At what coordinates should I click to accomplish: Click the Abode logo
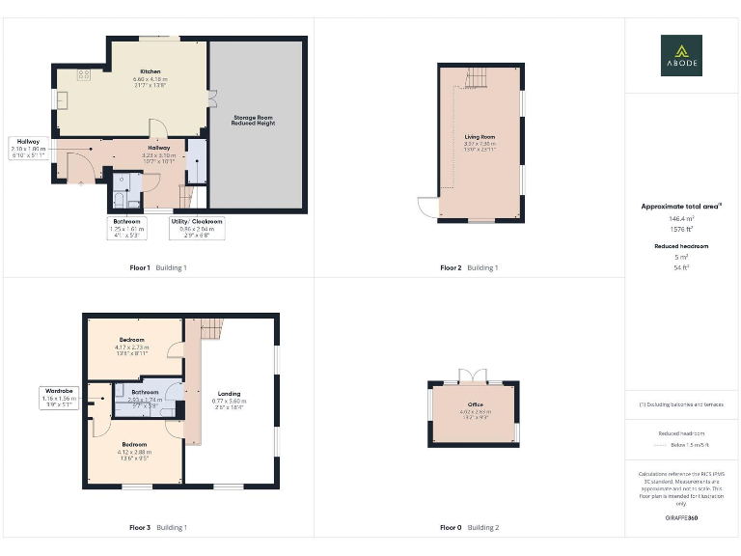681,55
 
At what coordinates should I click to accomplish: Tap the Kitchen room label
150,72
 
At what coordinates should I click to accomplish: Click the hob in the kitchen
83,73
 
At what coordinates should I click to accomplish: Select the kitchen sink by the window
63,99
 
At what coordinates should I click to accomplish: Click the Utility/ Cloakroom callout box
197,227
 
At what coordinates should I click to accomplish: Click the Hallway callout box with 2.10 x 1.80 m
28,148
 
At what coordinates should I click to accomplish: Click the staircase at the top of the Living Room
477,77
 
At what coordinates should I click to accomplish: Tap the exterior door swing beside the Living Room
425,206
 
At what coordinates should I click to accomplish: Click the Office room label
475,404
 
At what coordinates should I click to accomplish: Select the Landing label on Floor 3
230,394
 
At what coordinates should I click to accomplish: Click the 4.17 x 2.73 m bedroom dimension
132,347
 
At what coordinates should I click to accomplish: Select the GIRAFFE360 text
681,518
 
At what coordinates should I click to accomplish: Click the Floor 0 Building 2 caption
470,528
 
